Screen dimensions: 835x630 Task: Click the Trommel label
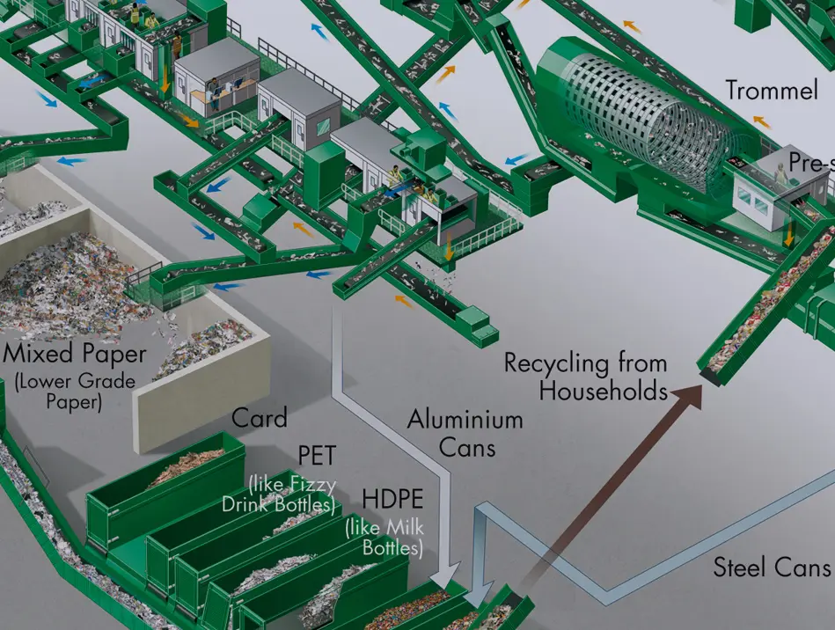(x=772, y=90)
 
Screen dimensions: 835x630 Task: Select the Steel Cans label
(x=772, y=567)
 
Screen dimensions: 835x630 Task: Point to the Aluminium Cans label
(x=465, y=432)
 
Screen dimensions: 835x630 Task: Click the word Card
(x=260, y=418)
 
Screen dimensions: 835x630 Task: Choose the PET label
(x=317, y=455)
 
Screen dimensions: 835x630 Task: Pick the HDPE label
(x=392, y=499)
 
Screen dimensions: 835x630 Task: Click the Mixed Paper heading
(x=75, y=354)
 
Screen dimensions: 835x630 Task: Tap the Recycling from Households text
(x=586, y=377)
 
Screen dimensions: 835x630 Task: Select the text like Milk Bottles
(x=385, y=538)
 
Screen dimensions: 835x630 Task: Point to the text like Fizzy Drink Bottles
(x=279, y=494)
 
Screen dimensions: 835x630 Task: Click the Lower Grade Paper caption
(x=75, y=391)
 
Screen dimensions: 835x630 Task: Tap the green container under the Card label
(x=166, y=491)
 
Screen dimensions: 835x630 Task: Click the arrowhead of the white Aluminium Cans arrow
(x=446, y=576)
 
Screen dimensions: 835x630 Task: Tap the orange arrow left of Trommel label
(x=762, y=122)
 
